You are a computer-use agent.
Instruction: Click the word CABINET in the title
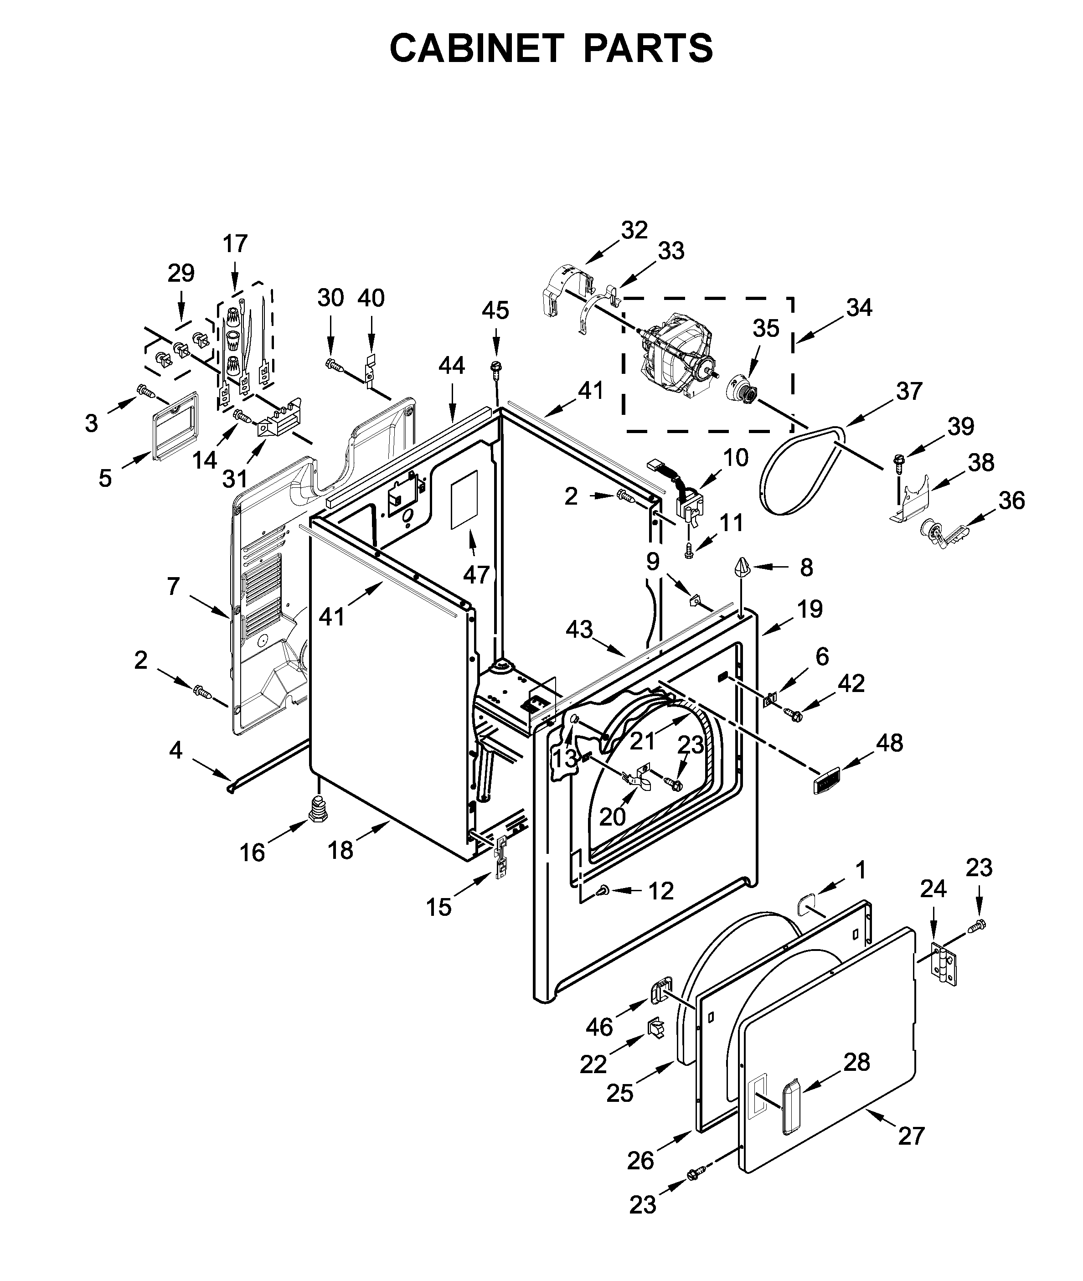tap(476, 48)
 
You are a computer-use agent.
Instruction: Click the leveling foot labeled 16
tap(319, 809)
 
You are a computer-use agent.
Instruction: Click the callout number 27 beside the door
tap(911, 1136)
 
